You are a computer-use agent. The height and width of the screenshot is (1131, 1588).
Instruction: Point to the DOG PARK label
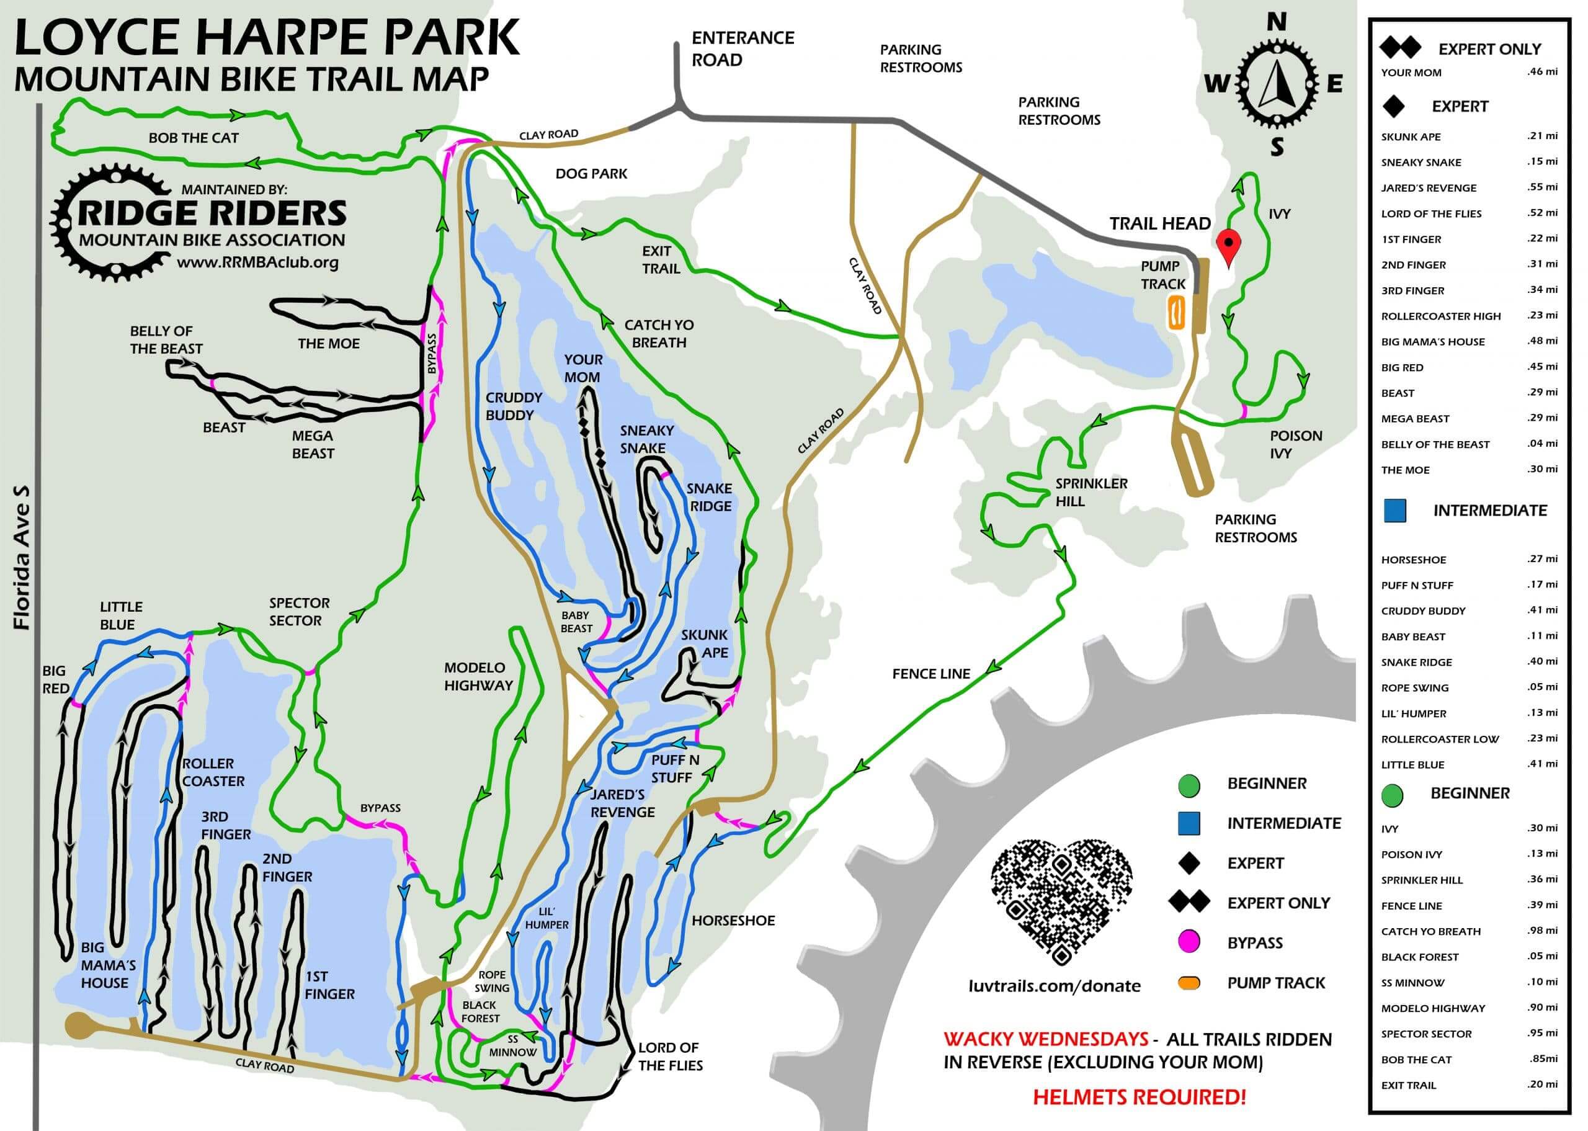coord(591,174)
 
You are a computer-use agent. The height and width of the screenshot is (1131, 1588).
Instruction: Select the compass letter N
coord(1276,22)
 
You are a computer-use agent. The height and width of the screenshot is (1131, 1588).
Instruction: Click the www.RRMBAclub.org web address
coord(257,262)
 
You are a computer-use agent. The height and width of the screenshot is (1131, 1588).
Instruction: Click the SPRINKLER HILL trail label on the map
coord(1091,492)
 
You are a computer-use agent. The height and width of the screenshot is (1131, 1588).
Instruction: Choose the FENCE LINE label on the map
coord(931,673)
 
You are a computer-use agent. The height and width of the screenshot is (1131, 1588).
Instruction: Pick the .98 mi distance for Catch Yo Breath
coord(1542,931)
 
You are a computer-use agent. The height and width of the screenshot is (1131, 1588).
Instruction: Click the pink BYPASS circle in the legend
coord(1189,942)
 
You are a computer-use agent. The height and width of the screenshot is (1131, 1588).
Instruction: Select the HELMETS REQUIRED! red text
coord(1139,1097)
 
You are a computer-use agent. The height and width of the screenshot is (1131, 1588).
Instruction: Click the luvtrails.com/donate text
coord(1054,985)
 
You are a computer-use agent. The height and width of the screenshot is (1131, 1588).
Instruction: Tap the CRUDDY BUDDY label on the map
coord(513,406)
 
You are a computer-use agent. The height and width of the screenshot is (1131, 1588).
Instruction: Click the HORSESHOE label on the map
coord(733,920)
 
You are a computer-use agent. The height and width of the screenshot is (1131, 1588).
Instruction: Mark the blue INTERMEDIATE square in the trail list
coord(1394,511)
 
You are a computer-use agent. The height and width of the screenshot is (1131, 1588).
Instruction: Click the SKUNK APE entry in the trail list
coord(1411,136)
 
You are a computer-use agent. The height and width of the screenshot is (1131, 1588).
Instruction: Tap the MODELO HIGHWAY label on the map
coord(478,676)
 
